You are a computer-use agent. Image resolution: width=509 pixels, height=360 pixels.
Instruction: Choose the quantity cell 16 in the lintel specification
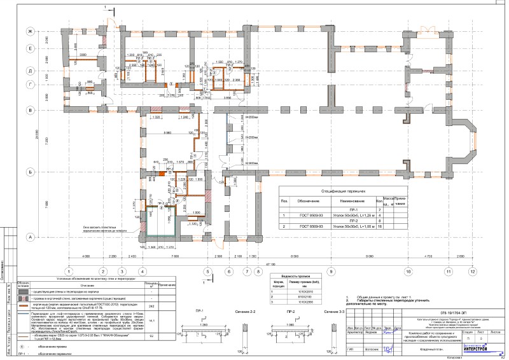click(x=380, y=226)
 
